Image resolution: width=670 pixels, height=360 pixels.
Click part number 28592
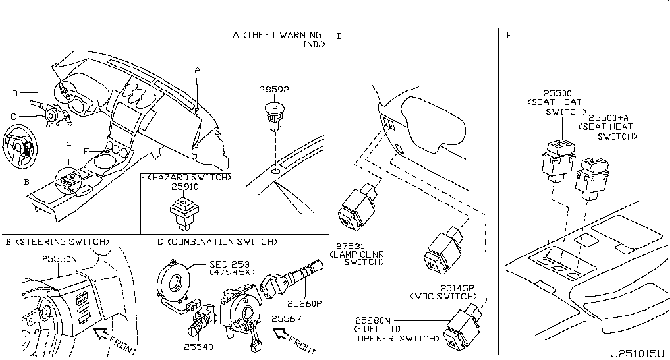[274, 90]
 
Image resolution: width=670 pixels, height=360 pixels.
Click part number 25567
[287, 319]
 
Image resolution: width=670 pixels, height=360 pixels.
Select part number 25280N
[373, 320]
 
